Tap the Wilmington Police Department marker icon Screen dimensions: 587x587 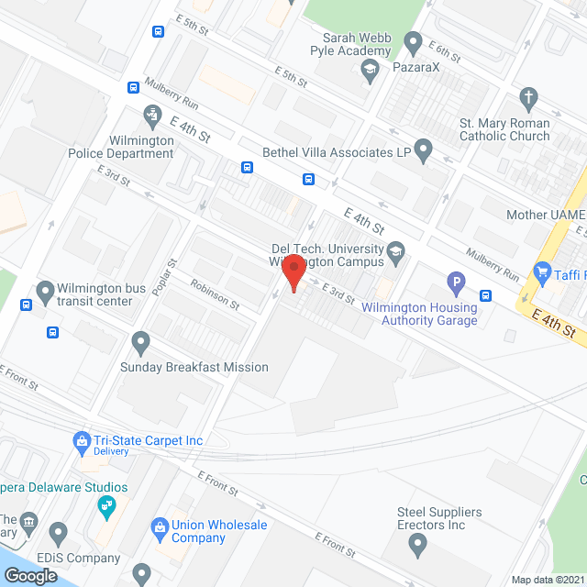click(x=152, y=116)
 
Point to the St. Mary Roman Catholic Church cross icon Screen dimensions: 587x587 click(x=527, y=97)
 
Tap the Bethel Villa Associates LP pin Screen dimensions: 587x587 click(x=423, y=148)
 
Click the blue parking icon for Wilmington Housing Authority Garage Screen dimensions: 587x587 click(x=455, y=282)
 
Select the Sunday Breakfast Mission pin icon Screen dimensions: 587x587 click(x=140, y=343)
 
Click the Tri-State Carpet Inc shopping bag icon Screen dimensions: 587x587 click(x=82, y=440)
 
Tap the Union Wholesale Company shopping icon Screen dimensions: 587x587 click(x=158, y=526)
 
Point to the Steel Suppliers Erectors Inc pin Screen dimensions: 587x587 click(x=418, y=546)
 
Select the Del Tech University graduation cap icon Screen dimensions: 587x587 click(x=395, y=249)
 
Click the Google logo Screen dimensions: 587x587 click(x=30, y=575)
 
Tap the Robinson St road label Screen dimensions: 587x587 click(x=215, y=293)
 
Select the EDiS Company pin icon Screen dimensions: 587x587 click(x=59, y=531)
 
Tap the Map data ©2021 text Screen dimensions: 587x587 click(x=546, y=580)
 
